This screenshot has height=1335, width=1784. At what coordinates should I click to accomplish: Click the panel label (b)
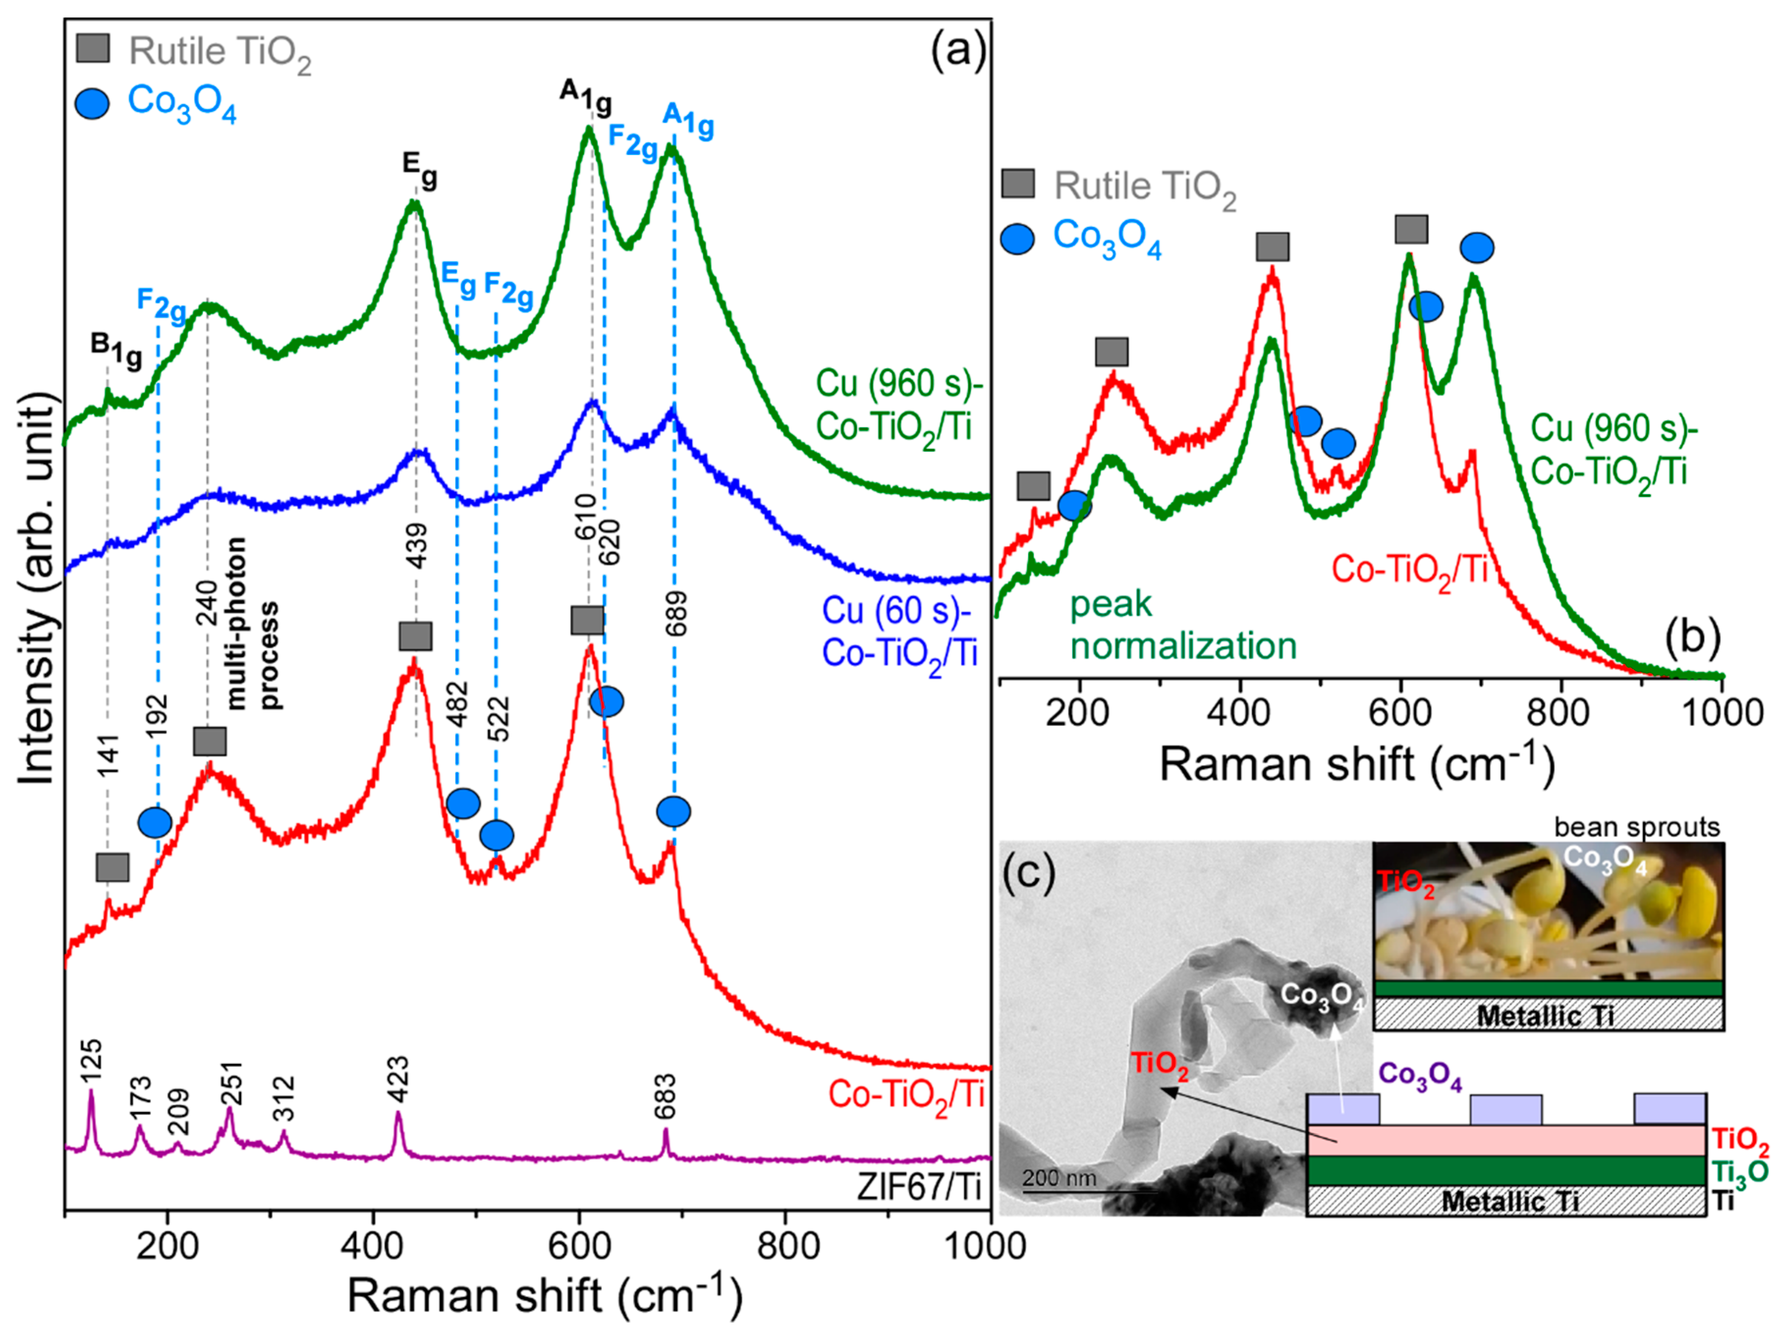pos(1692,637)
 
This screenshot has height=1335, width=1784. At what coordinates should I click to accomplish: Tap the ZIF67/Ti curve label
pos(919,1187)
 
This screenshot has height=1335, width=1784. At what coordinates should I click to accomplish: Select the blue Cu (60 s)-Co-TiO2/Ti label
pos(899,633)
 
